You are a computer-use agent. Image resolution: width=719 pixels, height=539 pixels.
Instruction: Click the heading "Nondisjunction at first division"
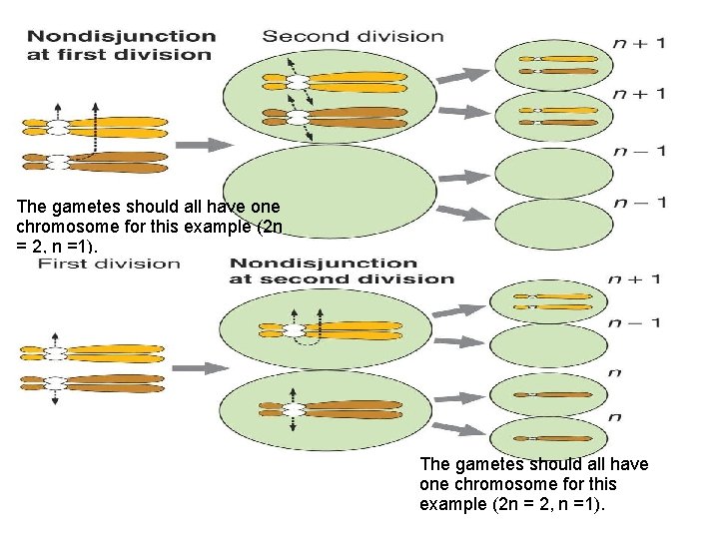(122, 44)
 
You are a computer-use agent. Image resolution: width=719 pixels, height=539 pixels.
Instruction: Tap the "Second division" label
(353, 36)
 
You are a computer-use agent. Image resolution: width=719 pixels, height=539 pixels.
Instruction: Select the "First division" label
(109, 264)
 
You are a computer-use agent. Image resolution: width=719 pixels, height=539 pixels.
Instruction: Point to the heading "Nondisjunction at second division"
(342, 270)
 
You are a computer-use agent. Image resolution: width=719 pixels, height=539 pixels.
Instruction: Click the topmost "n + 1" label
(640, 43)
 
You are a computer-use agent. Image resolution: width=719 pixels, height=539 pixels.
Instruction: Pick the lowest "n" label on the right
(616, 416)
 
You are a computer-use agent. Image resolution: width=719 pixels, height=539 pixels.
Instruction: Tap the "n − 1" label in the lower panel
(634, 322)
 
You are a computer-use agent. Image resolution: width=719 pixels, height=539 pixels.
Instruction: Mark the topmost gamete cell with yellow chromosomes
(543, 66)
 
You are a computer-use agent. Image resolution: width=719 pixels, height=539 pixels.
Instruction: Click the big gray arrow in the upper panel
(210, 145)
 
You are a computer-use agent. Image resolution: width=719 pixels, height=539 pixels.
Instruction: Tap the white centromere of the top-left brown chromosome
(58, 159)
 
